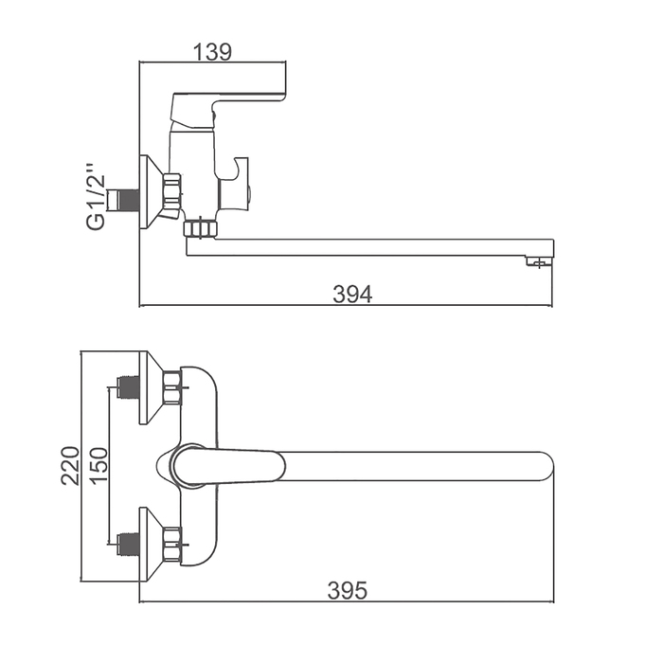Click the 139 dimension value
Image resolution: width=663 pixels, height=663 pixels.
212,51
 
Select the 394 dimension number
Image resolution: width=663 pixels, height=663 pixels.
352,294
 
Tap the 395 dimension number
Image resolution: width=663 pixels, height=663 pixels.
347,591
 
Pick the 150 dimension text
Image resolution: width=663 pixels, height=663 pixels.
99,466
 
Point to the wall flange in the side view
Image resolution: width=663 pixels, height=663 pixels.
149,193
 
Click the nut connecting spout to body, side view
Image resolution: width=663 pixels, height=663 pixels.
200,227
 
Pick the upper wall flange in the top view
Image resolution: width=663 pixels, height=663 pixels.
150,387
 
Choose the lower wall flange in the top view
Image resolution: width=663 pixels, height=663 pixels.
150,544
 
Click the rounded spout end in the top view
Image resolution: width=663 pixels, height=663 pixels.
542,466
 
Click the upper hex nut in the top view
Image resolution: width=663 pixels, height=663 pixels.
172,387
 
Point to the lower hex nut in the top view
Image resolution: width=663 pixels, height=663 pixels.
172,544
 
